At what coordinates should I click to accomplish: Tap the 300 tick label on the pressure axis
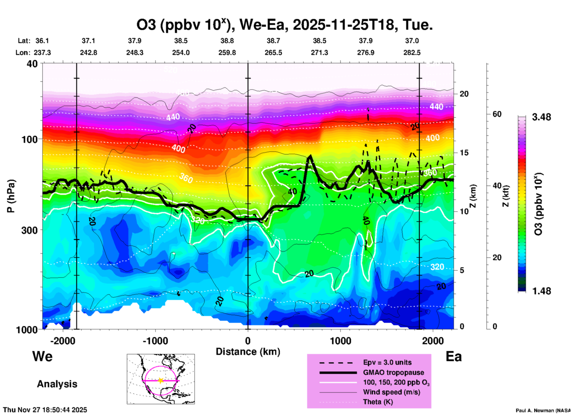click(30, 230)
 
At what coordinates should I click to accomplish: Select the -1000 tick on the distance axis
click(155, 341)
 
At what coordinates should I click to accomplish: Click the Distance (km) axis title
click(248, 352)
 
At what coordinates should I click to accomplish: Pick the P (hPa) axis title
click(11, 196)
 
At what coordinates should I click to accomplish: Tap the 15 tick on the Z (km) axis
click(464, 153)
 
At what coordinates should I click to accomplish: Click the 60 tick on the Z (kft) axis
click(497, 114)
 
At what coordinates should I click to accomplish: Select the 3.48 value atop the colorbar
click(541, 117)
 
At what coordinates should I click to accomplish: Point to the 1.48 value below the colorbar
click(541, 291)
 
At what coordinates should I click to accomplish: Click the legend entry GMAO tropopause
click(393, 372)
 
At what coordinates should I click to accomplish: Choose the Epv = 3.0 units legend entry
click(387, 362)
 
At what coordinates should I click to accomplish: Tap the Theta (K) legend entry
click(378, 402)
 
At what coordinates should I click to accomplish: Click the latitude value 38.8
click(227, 41)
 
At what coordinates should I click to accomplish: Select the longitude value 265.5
click(273, 53)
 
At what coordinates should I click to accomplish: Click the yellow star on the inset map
click(160, 380)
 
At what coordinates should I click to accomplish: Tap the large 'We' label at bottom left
click(42, 356)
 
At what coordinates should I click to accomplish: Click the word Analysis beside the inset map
click(57, 384)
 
